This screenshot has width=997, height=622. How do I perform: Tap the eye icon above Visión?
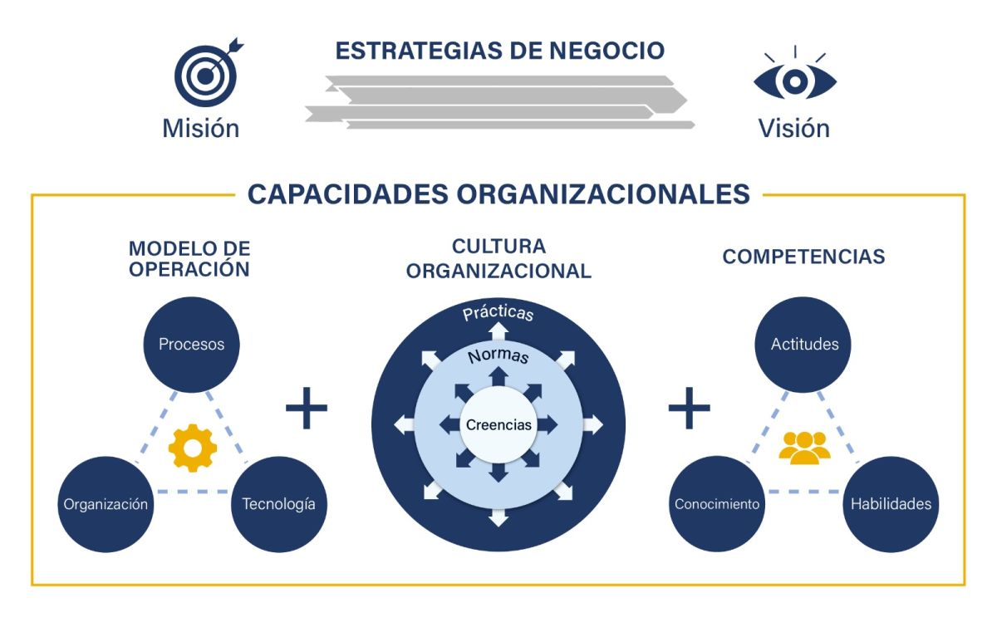(x=795, y=80)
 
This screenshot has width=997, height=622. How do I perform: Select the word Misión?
(x=201, y=129)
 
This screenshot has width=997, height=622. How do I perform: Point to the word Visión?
(x=793, y=129)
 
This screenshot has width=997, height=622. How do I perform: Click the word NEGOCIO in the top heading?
(x=607, y=51)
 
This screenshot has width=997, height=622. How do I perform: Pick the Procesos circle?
(x=192, y=344)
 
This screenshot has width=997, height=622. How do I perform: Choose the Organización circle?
(x=106, y=504)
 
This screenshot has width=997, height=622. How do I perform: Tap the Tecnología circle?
(x=278, y=504)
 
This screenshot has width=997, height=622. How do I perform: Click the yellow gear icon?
(x=193, y=448)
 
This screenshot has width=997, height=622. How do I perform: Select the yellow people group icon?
(x=804, y=448)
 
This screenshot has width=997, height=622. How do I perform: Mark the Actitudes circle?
(x=804, y=344)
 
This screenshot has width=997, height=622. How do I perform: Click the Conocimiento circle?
(x=717, y=504)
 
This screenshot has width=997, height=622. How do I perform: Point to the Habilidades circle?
(x=891, y=504)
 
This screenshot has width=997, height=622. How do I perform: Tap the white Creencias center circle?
(x=498, y=424)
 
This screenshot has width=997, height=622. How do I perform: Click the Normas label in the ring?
(x=498, y=357)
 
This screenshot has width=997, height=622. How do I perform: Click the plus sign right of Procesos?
(x=307, y=407)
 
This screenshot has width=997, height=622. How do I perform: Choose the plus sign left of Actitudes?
(x=690, y=407)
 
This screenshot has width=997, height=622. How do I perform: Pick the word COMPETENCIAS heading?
(x=803, y=257)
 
